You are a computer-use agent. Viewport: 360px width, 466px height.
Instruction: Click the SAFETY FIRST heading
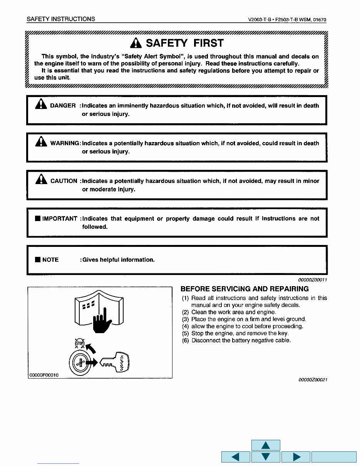(184, 43)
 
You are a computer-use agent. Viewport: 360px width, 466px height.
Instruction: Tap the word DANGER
(63, 106)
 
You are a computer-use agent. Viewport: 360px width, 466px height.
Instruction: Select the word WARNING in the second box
(64, 143)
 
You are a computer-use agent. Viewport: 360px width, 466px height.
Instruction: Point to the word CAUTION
(64, 181)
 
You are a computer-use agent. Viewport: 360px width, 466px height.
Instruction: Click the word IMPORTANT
(60, 218)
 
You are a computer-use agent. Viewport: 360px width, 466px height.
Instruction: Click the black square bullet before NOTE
(37, 260)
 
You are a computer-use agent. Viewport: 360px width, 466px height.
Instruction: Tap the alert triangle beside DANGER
(40, 104)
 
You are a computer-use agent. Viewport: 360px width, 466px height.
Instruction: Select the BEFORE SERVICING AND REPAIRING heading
(244, 289)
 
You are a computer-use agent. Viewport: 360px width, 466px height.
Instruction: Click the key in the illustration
(116, 362)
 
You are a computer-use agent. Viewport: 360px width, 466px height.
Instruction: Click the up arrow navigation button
(266, 445)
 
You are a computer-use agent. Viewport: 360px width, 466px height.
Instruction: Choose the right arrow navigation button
(296, 457)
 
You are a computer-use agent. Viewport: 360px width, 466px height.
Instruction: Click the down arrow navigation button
(266, 457)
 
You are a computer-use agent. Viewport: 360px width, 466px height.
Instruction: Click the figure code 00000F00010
(44, 375)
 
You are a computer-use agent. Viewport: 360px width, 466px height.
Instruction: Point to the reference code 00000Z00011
(313, 280)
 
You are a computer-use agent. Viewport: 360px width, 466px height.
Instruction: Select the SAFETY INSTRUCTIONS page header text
(61, 19)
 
